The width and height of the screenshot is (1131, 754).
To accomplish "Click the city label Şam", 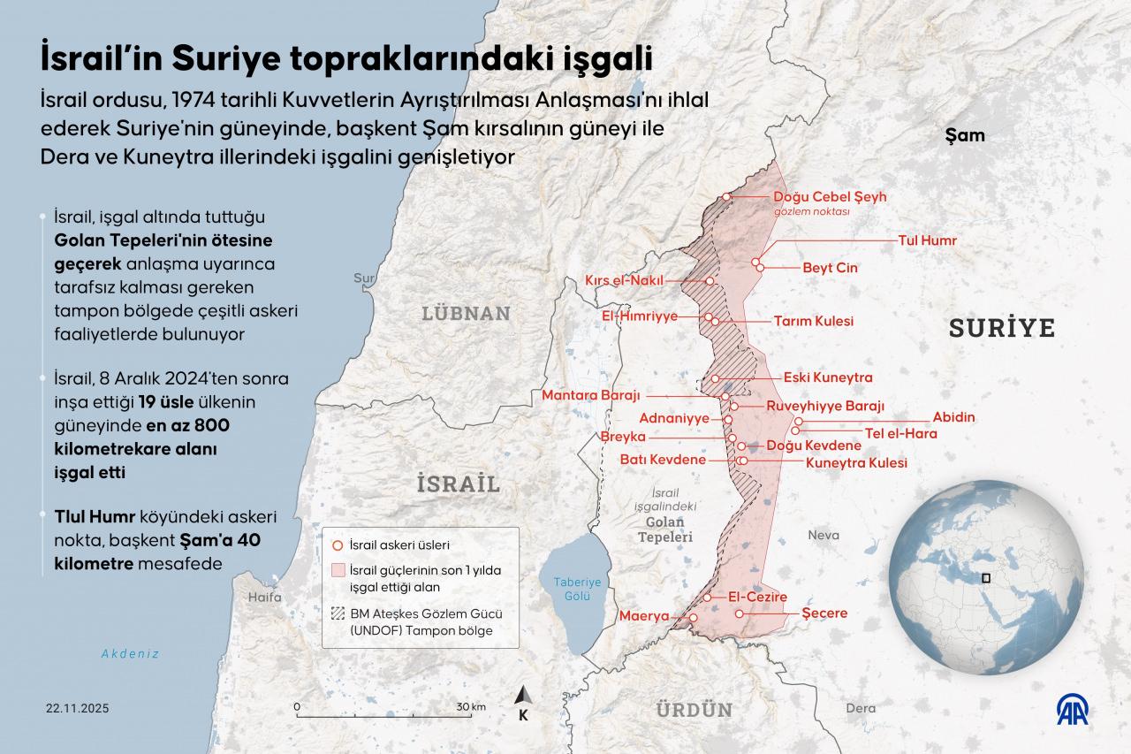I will [964, 135].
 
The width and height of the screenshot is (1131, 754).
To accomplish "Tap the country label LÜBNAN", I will [466, 313].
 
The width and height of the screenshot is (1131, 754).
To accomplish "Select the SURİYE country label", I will [1002, 328].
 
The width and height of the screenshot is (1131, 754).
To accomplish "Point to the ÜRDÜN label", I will [694, 709].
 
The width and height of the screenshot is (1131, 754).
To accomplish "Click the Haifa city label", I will [264, 597].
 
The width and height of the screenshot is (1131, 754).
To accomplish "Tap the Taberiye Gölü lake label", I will [577, 589].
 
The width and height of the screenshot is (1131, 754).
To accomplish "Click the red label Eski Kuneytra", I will [828, 377].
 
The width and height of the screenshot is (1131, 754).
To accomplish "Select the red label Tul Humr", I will [927, 240].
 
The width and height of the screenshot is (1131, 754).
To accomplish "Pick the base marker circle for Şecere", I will [739, 613].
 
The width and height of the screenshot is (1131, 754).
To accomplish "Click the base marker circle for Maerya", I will [694, 618].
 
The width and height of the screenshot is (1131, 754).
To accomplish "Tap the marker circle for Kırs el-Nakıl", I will [710, 281].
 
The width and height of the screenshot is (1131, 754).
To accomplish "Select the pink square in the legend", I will [337, 570].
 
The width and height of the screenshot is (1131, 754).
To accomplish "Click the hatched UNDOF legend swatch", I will [337, 613].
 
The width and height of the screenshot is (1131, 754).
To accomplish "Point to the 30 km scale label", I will [471, 707].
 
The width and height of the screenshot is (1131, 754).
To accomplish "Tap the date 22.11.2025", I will [78, 709].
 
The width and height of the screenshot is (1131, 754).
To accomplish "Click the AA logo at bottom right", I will [1074, 709].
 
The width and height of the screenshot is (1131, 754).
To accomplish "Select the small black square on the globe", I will [988, 578].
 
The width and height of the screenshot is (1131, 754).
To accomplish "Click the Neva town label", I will [823, 535].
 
